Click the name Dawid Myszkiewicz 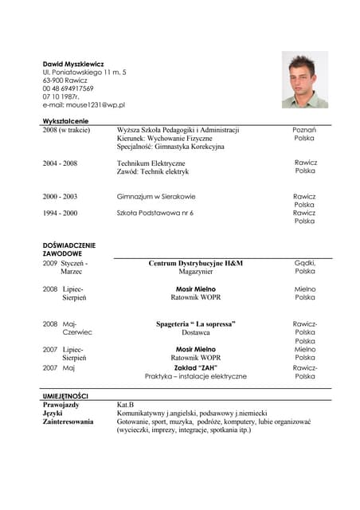pyautogui.click(x=73, y=63)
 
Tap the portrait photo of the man pyautogui.click(x=304, y=80)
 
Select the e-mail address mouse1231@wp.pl pyautogui.click(x=84, y=104)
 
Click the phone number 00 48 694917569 pyautogui.click(x=68, y=88)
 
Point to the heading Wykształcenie pyautogui.click(x=65, y=120)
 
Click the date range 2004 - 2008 pyautogui.click(x=60, y=163)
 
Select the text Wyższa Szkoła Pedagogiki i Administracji pyautogui.click(x=178, y=129)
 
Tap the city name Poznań pyautogui.click(x=304, y=129)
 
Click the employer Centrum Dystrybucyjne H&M pyautogui.click(x=195, y=263)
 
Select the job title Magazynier pyautogui.click(x=195, y=272)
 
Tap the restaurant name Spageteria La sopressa pyautogui.click(x=195, y=324)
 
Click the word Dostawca pyautogui.click(x=195, y=333)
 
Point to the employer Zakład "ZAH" pyautogui.click(x=195, y=367)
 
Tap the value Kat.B pyautogui.click(x=125, y=405)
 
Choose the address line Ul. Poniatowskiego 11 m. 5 pyautogui.click(x=84, y=72)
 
